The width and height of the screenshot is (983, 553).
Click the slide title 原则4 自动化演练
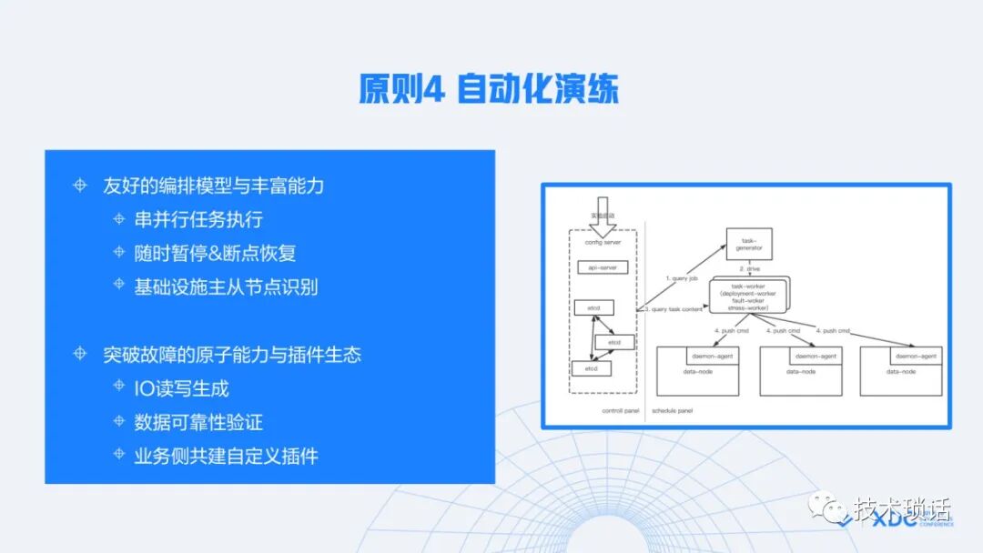click(489, 90)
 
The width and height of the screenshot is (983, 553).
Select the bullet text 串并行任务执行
click(198, 219)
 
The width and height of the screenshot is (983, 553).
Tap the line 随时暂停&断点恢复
click(215, 252)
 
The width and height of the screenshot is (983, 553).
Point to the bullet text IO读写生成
click(181, 388)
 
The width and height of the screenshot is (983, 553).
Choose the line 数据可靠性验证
click(198, 422)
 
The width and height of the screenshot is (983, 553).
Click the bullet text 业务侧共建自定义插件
click(226, 456)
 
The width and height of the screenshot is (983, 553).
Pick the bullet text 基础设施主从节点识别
click(226, 286)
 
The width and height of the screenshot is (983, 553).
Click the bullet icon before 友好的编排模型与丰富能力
click(80, 186)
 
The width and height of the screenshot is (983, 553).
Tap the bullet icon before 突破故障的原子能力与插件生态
click(80, 355)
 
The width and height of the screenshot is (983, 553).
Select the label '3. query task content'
click(674, 309)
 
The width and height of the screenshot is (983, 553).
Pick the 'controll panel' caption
click(621, 410)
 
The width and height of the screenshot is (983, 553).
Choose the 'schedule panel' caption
click(673, 410)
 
